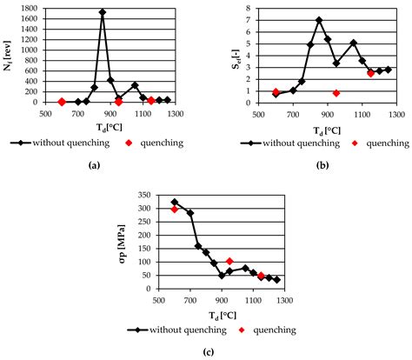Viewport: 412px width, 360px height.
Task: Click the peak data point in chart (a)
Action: pyautogui.click(x=102, y=13)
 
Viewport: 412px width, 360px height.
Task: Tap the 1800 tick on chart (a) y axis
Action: pyautogui.click(x=27, y=9)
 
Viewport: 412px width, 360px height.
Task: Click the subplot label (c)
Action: pyautogui.click(x=216, y=350)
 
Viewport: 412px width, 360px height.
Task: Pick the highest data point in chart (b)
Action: pyautogui.click(x=319, y=20)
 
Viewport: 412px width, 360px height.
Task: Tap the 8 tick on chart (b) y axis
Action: pyautogui.click(x=246, y=9)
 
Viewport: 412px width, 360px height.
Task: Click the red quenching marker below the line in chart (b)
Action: pyautogui.click(x=336, y=93)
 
